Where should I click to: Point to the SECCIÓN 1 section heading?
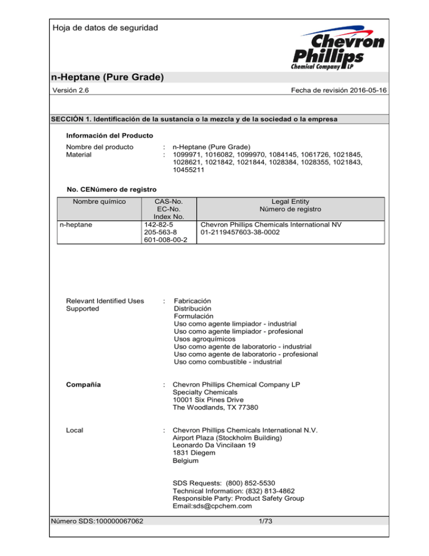coord(196,119)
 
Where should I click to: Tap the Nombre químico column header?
coord(93,201)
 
